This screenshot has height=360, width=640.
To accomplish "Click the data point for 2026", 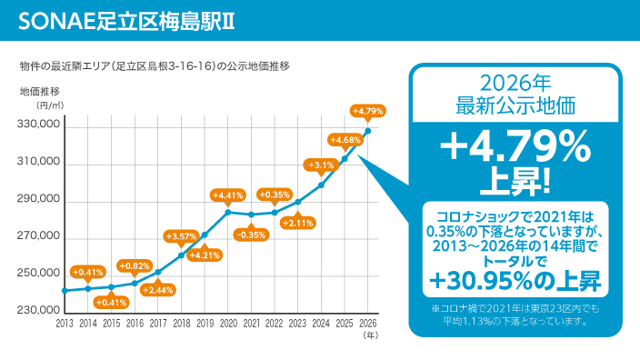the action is coord(368,131).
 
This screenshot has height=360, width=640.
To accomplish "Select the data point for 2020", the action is coord(228,212).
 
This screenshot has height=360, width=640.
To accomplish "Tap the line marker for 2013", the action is coord(65,291).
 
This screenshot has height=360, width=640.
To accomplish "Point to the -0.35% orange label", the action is coord(251,235).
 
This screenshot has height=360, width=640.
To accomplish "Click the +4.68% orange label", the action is coord(345,140).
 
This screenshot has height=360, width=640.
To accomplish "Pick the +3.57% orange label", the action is coord(181,236).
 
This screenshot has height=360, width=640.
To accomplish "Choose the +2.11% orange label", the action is coord(298,223).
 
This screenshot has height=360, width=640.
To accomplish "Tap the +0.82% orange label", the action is coord(135,266).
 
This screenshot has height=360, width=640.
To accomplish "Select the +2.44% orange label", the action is coord(158,290).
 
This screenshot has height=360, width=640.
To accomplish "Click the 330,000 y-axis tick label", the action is coord(38,124).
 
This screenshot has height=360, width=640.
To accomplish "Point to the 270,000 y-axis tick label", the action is coord(38,236).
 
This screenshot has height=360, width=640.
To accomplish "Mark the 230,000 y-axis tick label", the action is coord(38,310).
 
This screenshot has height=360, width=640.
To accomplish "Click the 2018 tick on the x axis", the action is coord(182,324).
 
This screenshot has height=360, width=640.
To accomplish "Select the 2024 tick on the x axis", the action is coord(321,324).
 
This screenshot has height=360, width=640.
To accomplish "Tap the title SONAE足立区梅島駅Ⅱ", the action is coord(126,21).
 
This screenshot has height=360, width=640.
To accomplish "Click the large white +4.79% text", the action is coord(515,146).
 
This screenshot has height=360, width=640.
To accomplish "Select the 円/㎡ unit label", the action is coord(50,105).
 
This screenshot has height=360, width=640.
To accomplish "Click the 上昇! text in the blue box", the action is coord(515,181).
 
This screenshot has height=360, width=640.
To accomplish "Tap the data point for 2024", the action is coord(321,185).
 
